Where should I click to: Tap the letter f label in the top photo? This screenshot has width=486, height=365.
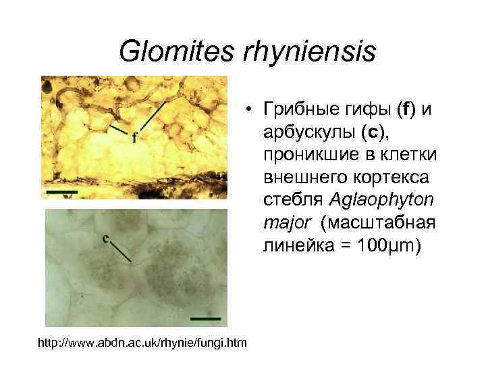pos(135,138)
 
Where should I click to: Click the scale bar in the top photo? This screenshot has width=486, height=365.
pos(62,192)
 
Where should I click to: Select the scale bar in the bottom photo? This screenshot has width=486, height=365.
pos(206,316)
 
